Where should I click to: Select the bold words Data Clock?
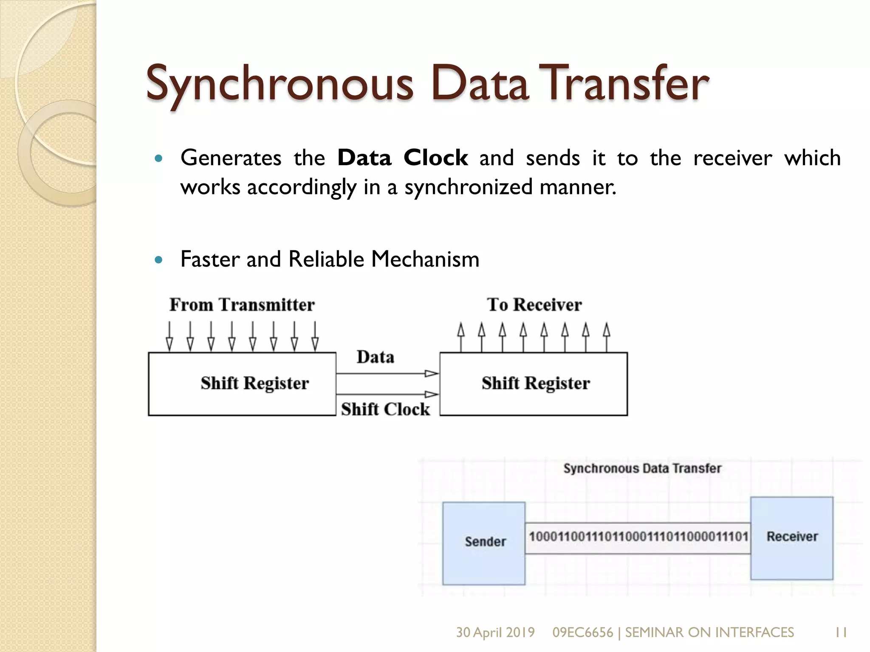click(402, 158)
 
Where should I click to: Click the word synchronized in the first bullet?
click(468, 187)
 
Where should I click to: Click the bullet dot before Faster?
click(159, 259)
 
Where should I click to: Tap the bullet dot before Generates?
click(159, 159)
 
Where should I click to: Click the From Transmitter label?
click(242, 305)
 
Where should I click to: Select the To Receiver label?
click(534, 305)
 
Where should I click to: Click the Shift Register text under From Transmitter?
click(254, 383)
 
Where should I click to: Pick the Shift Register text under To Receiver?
click(536, 383)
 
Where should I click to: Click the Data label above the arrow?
click(375, 357)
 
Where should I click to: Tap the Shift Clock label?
click(385, 409)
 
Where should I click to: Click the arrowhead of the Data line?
click(432, 374)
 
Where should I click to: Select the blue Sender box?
click(484, 543)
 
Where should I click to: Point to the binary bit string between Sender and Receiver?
click(638, 537)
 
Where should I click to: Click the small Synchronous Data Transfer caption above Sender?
click(642, 468)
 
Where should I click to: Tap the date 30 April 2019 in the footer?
click(495, 632)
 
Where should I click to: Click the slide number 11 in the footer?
click(841, 632)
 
